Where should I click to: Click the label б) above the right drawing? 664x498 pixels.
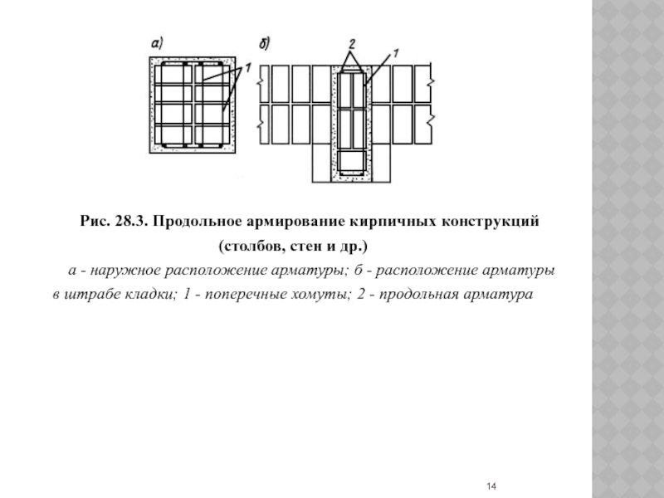[264, 42]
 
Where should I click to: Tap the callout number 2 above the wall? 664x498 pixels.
[352, 42]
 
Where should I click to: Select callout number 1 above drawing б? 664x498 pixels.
[395, 52]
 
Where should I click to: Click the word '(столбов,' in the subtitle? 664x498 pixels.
[249, 247]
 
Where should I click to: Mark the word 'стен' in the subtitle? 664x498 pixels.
[299, 247]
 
